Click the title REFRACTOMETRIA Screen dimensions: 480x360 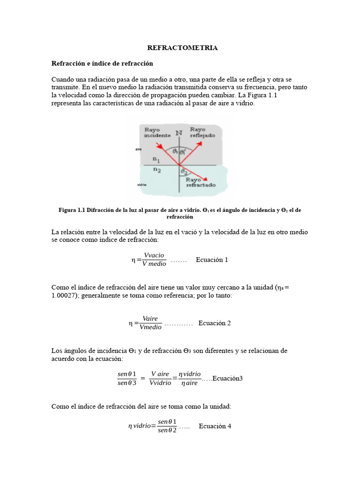tap(182, 48)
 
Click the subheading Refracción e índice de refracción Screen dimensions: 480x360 tap(102, 63)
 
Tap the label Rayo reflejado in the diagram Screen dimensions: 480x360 tap(202, 132)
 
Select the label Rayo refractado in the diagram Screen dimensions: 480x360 tap(201, 182)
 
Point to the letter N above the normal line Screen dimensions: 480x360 tap(179, 133)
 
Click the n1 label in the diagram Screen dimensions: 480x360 tap(156, 160)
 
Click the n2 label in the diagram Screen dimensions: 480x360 tap(156, 171)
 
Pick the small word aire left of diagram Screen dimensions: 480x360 tap(138, 149)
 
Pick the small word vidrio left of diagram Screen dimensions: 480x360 tap(142, 185)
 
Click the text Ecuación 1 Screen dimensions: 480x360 tap(212, 260)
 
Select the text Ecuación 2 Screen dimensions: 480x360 tap(215, 323)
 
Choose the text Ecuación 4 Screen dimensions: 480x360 tap(215, 426)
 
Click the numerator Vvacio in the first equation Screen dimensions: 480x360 tap(154, 255)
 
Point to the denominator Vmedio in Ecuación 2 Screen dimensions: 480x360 tap(150, 327)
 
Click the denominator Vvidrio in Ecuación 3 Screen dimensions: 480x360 tap(160, 383)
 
